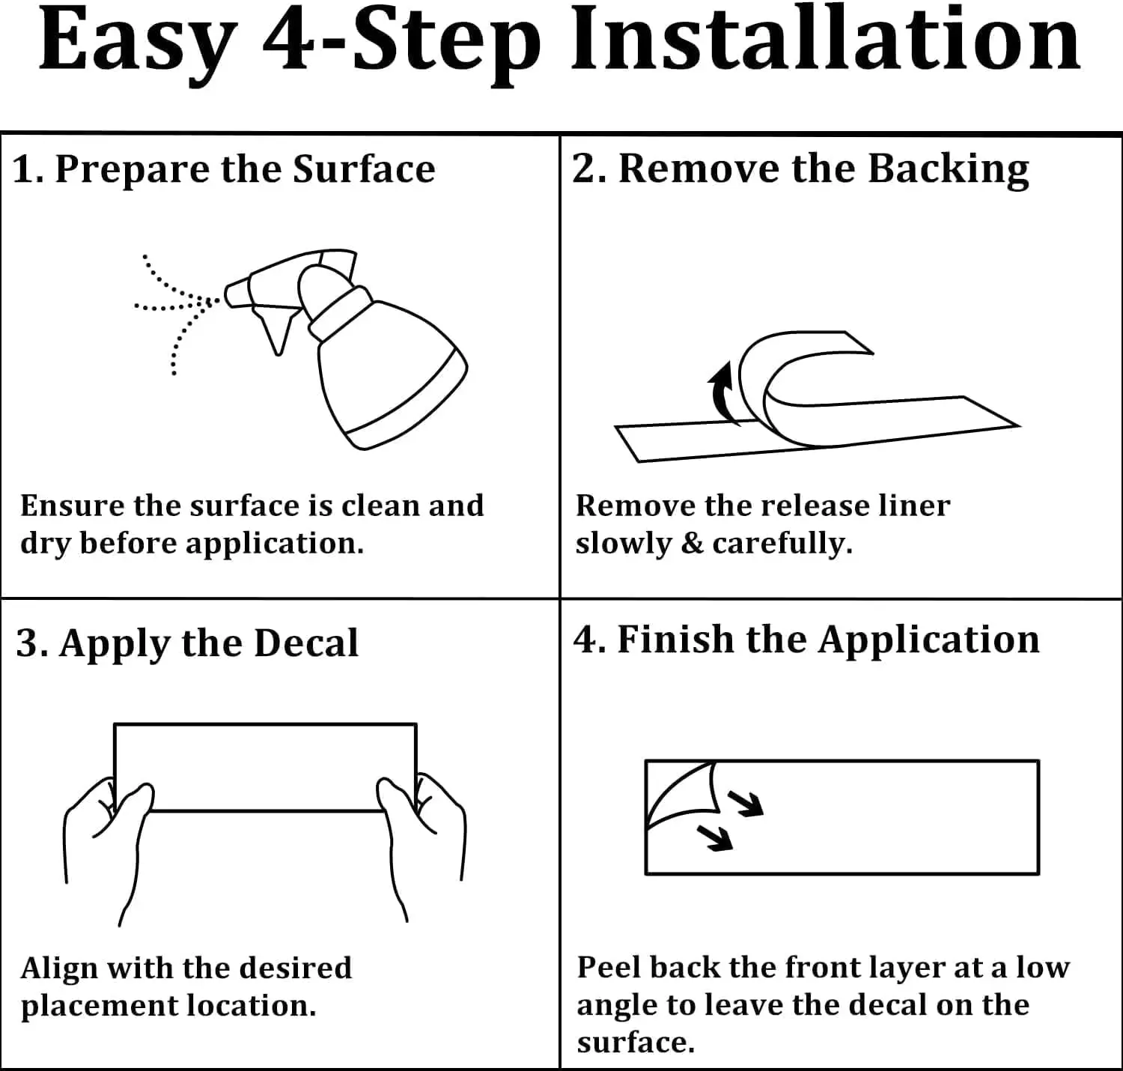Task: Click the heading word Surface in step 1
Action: click(364, 169)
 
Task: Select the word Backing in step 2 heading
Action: click(949, 170)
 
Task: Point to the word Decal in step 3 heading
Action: click(306, 643)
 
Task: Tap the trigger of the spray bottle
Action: click(276, 332)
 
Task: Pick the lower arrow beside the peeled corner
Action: click(714, 838)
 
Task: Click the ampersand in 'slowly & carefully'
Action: click(693, 542)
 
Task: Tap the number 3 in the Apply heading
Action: click(26, 643)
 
